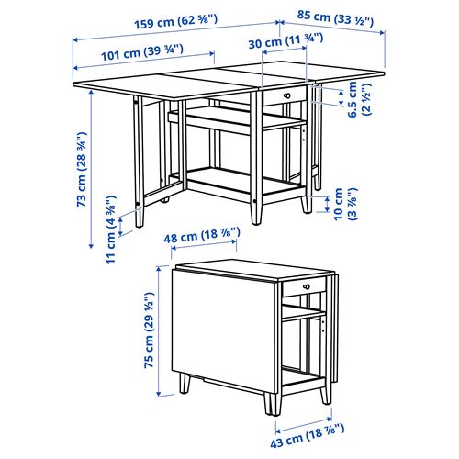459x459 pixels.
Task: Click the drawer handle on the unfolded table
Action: coord(288,95)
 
